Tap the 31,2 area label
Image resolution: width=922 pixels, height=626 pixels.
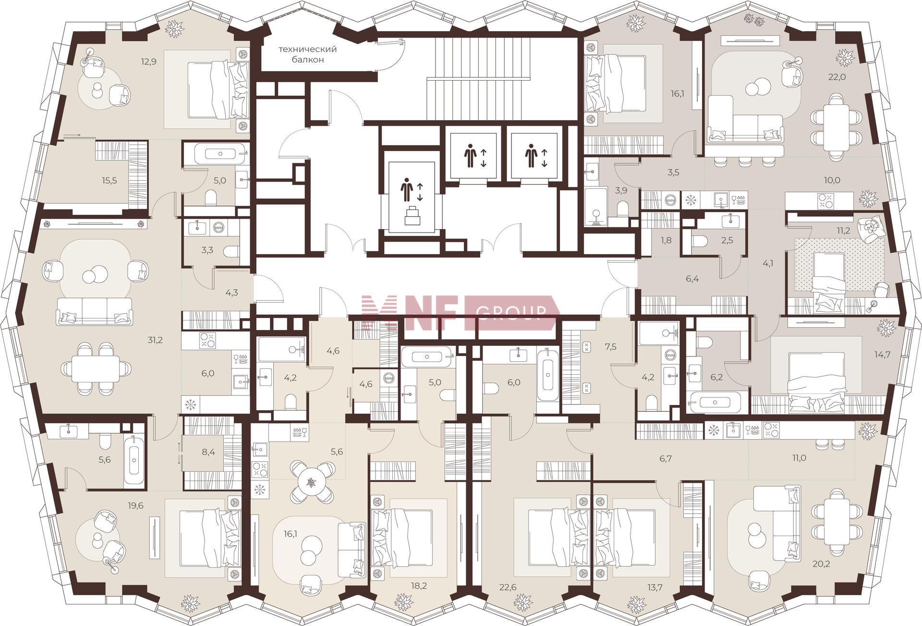point(156,340)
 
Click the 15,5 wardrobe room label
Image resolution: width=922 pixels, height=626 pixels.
point(109,181)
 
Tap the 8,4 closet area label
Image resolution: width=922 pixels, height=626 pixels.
point(208,452)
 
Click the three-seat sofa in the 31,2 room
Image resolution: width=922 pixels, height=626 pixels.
point(94,311)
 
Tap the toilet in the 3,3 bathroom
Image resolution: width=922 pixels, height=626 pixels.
point(232,251)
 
